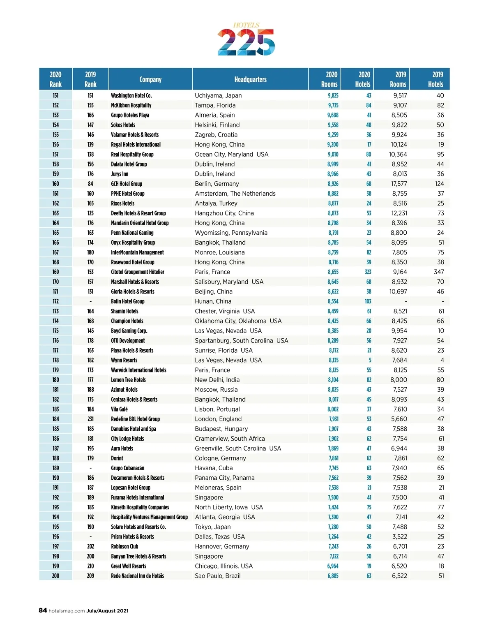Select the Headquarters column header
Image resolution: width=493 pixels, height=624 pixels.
pos(250,79)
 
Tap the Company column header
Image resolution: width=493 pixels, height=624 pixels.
pos(150,79)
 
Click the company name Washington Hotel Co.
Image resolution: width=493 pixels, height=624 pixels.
pos(131,95)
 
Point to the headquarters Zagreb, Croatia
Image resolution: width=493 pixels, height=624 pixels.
pos(216,135)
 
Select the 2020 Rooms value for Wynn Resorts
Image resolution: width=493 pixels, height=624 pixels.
pos(333,360)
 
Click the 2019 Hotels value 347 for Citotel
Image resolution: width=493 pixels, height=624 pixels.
pos(439,272)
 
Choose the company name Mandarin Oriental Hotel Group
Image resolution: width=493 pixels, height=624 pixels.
pos(140,223)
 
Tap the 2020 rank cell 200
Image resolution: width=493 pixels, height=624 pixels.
pos(55,576)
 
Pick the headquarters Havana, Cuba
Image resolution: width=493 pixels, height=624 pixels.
pos(214,468)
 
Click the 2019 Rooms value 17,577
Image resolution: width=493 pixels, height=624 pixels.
pos(399,184)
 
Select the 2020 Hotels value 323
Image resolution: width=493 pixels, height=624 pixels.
pos(368,272)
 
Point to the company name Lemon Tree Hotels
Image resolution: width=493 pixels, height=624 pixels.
pos(128,380)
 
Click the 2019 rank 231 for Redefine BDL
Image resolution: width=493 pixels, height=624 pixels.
pos(90,419)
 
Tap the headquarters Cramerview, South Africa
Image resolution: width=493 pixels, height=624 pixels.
pos(230,439)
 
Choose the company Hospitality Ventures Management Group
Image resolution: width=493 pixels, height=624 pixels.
pos(149,517)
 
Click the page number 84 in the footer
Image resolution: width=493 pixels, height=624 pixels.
pos(43,610)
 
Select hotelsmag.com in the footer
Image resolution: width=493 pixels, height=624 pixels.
pos(67,611)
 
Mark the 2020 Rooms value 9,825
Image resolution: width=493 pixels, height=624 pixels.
pos(333,95)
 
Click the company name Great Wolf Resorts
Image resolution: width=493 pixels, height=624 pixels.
pos(129,566)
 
